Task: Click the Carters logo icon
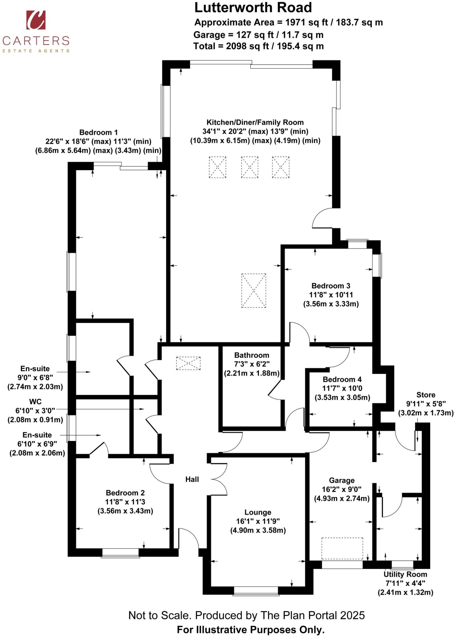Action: point(36,20)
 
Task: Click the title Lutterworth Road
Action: point(253,7)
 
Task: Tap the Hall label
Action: point(192,479)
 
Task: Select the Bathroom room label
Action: point(251,355)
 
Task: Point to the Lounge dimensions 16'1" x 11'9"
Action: point(258,521)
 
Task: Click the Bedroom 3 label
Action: point(331,285)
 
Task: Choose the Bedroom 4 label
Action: point(342,379)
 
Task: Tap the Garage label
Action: point(341,480)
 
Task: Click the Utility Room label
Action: point(405,574)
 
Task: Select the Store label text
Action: point(426,395)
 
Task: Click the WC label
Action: point(35,402)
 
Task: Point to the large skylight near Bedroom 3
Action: point(254,290)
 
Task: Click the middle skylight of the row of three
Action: point(250,167)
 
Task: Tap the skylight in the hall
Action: point(188,363)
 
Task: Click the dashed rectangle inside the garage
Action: point(342,548)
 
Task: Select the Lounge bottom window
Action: point(256,591)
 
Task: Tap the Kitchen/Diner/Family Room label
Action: point(255,122)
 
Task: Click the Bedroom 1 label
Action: point(98,132)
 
